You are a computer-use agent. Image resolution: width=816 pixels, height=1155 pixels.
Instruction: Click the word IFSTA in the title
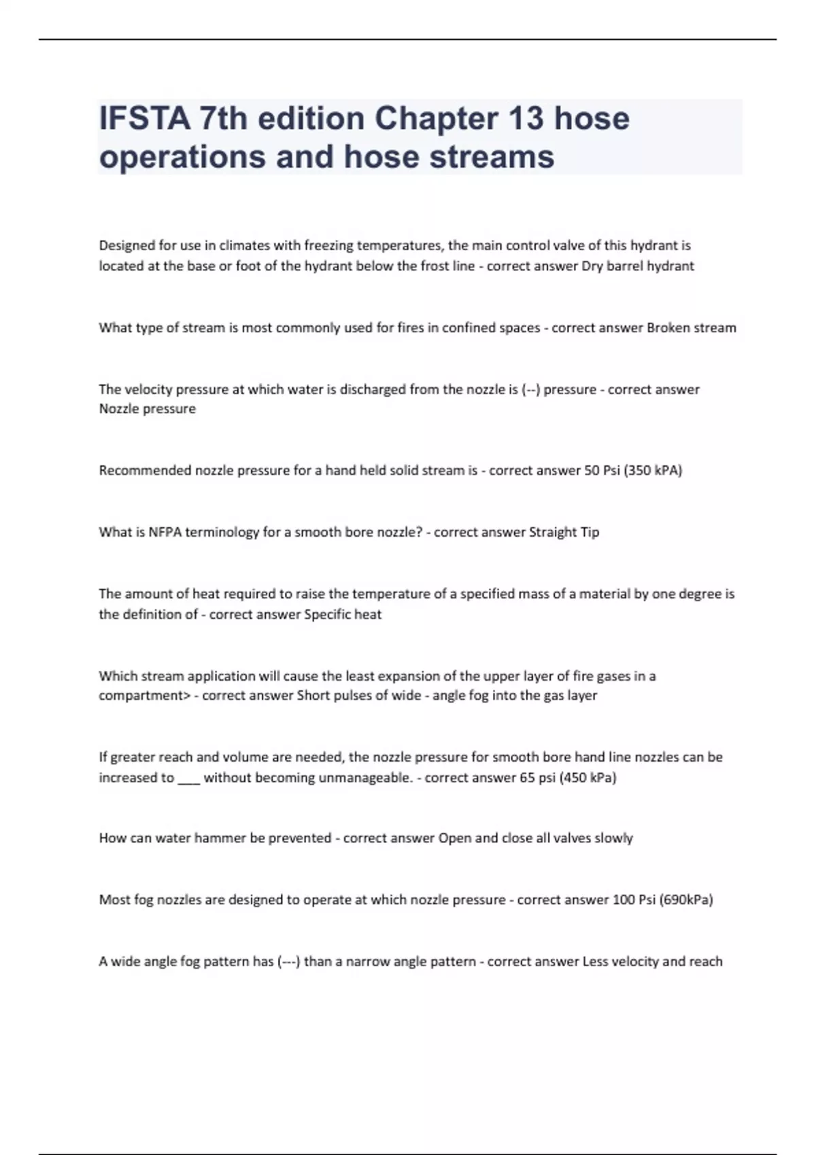pos(144,118)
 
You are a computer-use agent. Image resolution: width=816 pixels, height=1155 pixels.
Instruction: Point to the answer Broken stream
pos(691,327)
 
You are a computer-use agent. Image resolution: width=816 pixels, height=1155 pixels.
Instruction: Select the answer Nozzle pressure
pos(147,409)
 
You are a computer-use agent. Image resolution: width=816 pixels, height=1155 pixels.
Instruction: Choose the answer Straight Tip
pos(564,532)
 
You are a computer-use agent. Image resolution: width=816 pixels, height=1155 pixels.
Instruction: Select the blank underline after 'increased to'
pos(188,778)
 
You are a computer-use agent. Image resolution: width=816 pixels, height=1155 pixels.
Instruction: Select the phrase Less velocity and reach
pos(652,961)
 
